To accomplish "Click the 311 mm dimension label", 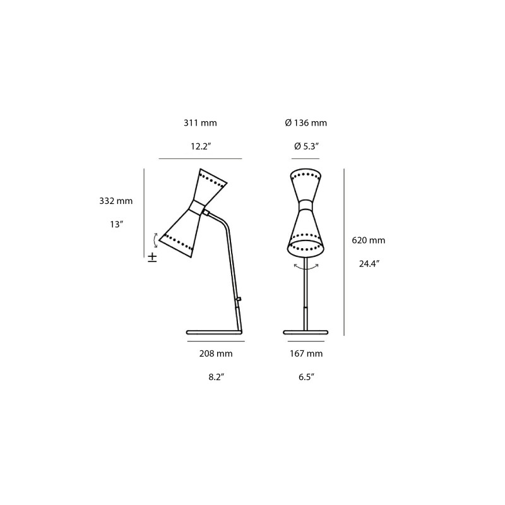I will tap(199, 123).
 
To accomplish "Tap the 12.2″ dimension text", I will tap(200, 146).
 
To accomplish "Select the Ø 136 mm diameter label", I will tap(306, 123).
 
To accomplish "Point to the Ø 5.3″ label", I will tap(306, 146).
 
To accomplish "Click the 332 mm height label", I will tap(116, 201).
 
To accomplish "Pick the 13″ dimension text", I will tap(116, 224).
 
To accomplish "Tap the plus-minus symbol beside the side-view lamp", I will tap(152, 257).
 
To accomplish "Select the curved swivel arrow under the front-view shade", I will tap(306, 268).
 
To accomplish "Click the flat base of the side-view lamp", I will tap(214, 331).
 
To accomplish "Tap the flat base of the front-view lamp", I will tap(306, 331).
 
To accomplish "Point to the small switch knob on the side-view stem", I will tap(239, 299).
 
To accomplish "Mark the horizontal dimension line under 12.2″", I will tap(200, 158).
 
